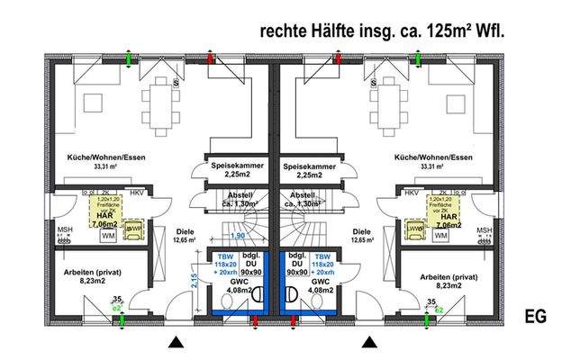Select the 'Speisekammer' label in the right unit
coord(309,166)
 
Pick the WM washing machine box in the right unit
coord(440,236)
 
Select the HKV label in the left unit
coord(136,193)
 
